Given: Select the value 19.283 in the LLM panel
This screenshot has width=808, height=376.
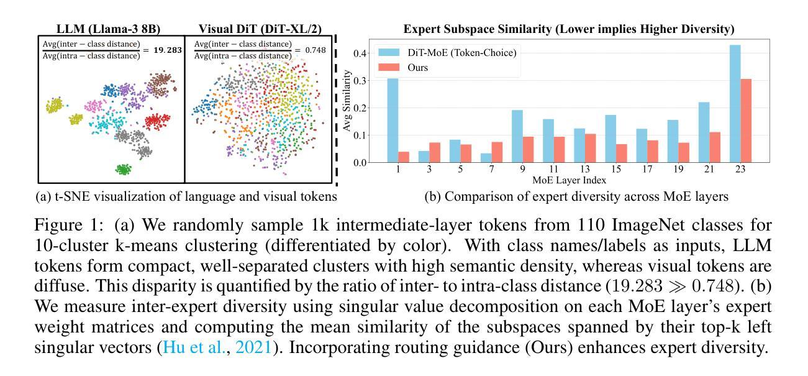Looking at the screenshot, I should click(165, 51).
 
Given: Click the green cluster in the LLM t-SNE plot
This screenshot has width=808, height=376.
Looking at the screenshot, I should click(124, 168).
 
